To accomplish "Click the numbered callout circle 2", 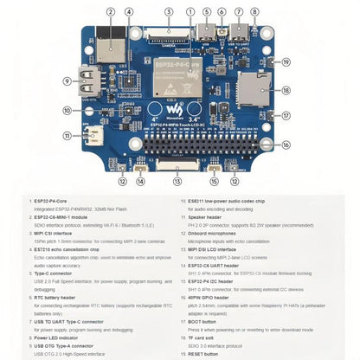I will (110, 13).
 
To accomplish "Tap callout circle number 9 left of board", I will (67, 81).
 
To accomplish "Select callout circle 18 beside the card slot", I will (286, 90).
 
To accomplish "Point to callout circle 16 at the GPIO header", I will (286, 145).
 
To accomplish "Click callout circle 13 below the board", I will (177, 181).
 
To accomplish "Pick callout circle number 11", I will (67, 136).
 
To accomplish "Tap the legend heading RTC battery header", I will (55, 295).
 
